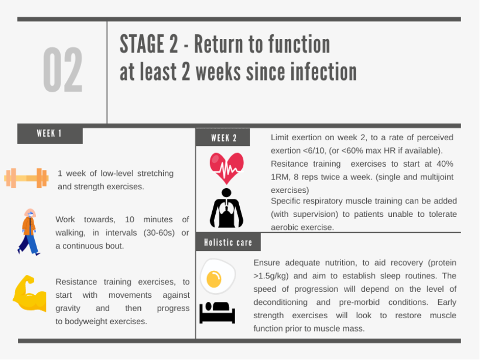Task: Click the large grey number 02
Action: [x=63, y=70]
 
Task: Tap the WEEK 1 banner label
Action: [x=49, y=134]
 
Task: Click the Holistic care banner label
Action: [x=228, y=242]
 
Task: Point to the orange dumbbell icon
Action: [x=27, y=178]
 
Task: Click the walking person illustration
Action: [x=29, y=232]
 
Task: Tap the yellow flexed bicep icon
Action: [x=30, y=293]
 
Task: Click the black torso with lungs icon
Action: [x=226, y=208]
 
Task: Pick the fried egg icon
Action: [x=218, y=276]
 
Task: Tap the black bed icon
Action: [x=217, y=313]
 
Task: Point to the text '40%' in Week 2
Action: [x=445, y=164]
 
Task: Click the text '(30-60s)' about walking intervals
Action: [x=159, y=233]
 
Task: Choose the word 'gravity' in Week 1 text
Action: [x=68, y=308]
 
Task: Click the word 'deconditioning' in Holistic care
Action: [x=281, y=302]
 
